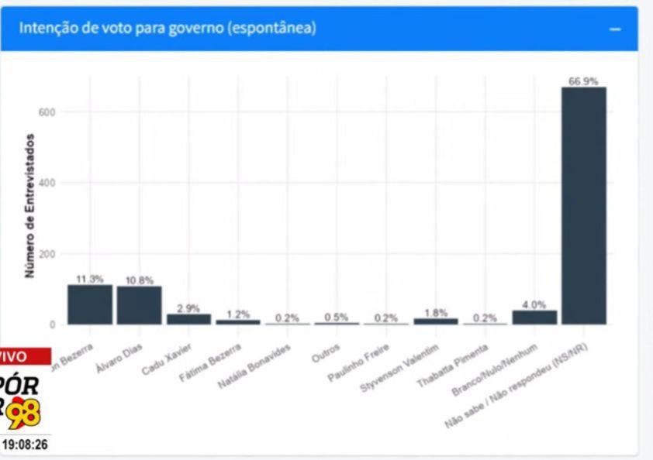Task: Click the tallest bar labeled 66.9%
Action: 583,205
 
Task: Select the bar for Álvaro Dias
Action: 140,305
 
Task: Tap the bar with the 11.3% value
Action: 90,304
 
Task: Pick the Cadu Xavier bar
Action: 189,319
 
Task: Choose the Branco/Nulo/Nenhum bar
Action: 534,318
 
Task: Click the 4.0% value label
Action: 534,304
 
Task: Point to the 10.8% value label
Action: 140,280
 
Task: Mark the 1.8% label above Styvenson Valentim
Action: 436,313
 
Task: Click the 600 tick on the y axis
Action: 48,112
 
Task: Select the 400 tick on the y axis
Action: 48,183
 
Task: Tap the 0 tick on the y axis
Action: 53,324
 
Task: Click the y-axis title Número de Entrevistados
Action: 30,206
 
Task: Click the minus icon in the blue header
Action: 615,29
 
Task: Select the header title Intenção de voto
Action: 168,28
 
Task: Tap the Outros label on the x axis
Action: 324,345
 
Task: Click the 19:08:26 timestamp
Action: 25,445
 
